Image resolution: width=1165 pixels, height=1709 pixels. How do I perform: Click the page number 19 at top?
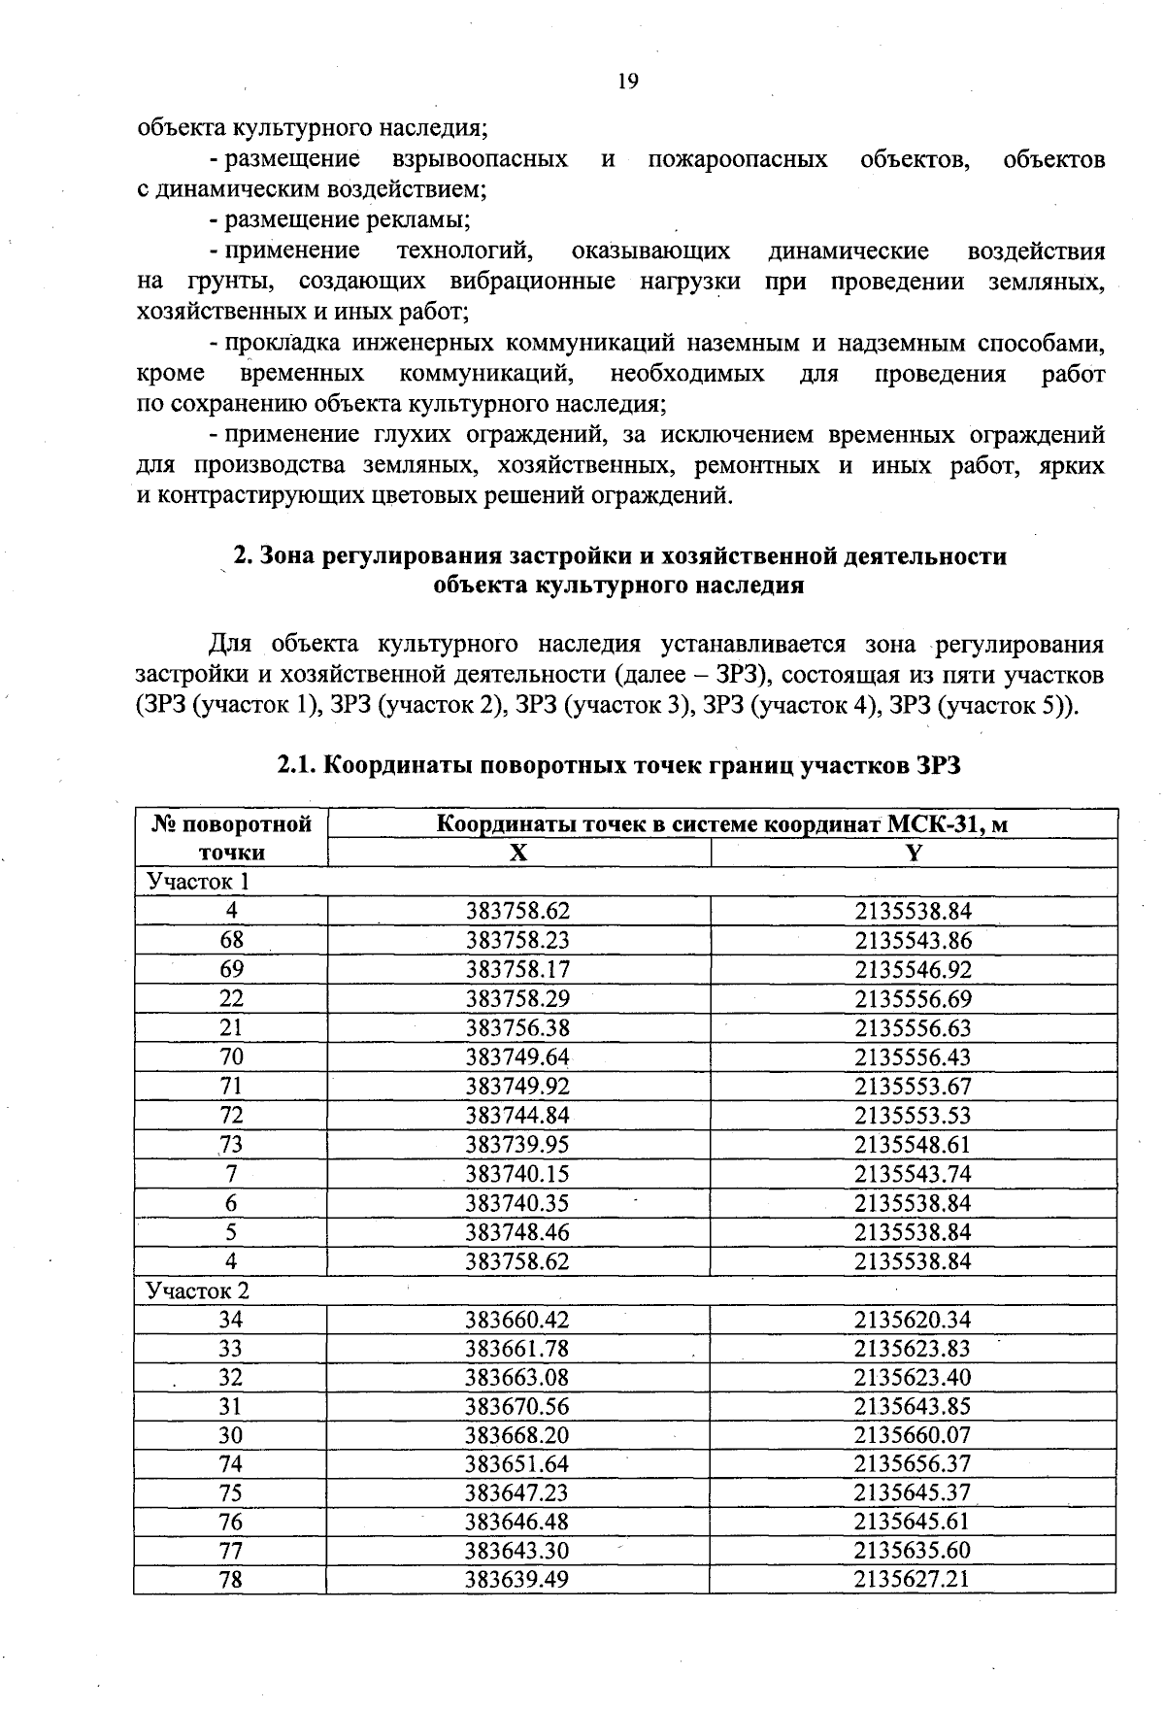pos(627,82)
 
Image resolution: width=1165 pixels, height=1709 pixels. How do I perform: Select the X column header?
pos(518,853)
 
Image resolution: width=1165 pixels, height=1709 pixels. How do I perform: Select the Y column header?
pos(913,853)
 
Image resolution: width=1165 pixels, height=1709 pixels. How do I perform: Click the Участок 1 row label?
pos(197,882)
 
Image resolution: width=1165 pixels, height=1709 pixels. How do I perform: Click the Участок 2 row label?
pos(197,1290)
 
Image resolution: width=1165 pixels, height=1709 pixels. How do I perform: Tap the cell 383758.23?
pos(517,940)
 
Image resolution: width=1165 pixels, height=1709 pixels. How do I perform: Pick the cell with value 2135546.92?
pos(913,969)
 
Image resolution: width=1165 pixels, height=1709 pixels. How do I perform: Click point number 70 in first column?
pos(231,1056)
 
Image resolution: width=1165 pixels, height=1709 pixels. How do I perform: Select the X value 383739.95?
pos(517,1145)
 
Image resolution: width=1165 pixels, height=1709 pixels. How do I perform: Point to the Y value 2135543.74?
pos(913,1174)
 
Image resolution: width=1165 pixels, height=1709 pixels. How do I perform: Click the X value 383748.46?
pos(517,1232)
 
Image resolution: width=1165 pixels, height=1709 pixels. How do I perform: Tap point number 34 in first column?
pos(231,1320)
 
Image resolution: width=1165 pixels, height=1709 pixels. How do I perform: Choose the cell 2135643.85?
pos(913,1406)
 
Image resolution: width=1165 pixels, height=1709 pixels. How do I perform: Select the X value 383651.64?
pos(517,1463)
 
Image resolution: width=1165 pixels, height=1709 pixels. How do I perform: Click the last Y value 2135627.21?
pos(913,1579)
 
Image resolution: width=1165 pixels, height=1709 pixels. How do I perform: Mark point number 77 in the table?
pos(231,1550)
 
